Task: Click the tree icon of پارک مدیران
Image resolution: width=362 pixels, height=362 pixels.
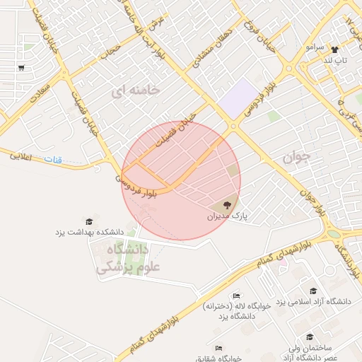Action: tap(216, 204)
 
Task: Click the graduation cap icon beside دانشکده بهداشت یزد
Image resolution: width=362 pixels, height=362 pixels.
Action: tap(88, 221)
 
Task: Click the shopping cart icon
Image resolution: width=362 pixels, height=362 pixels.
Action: tap(22, 69)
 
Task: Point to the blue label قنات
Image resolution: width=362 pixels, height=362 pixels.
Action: tap(54, 160)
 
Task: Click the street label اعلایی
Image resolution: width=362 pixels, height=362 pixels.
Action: tap(24, 156)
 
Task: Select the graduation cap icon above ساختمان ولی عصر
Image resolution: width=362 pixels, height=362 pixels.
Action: tap(309, 337)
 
